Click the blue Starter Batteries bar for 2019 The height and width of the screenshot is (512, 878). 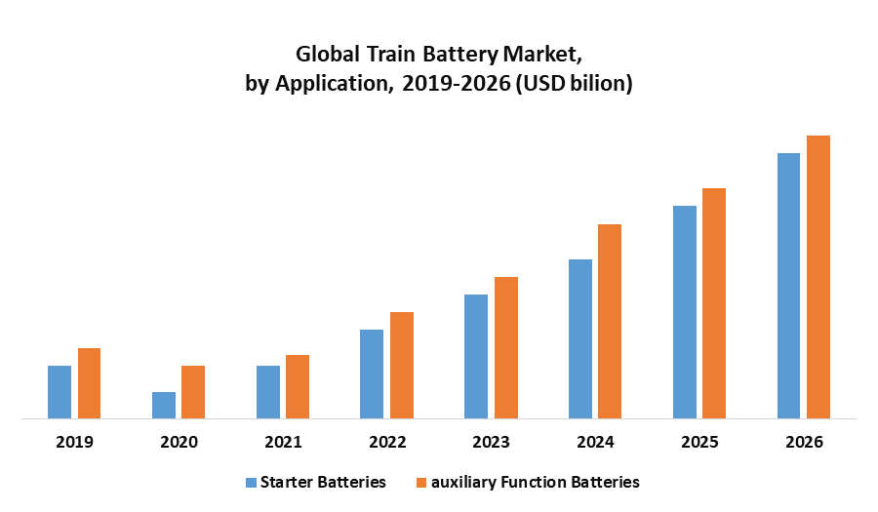(x=60, y=392)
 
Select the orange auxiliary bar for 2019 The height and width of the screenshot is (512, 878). (x=90, y=383)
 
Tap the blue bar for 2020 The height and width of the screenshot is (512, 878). (x=164, y=406)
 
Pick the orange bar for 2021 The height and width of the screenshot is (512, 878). (x=298, y=387)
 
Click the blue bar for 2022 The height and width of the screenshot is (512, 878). (x=372, y=374)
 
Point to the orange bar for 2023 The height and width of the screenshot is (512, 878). (x=506, y=348)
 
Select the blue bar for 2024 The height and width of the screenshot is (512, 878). (x=580, y=339)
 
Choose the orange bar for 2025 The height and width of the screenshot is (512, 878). (x=714, y=303)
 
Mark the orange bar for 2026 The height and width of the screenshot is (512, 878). (x=818, y=277)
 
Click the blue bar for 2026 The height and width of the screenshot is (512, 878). (x=788, y=286)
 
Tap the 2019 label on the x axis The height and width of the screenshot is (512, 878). (x=74, y=442)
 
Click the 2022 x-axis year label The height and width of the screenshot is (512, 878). (x=387, y=442)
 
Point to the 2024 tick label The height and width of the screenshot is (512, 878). (x=595, y=442)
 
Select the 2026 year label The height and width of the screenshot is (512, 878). (x=804, y=442)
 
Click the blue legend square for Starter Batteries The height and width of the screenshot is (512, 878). (x=251, y=482)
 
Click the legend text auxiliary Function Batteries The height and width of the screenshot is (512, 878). (x=535, y=482)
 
